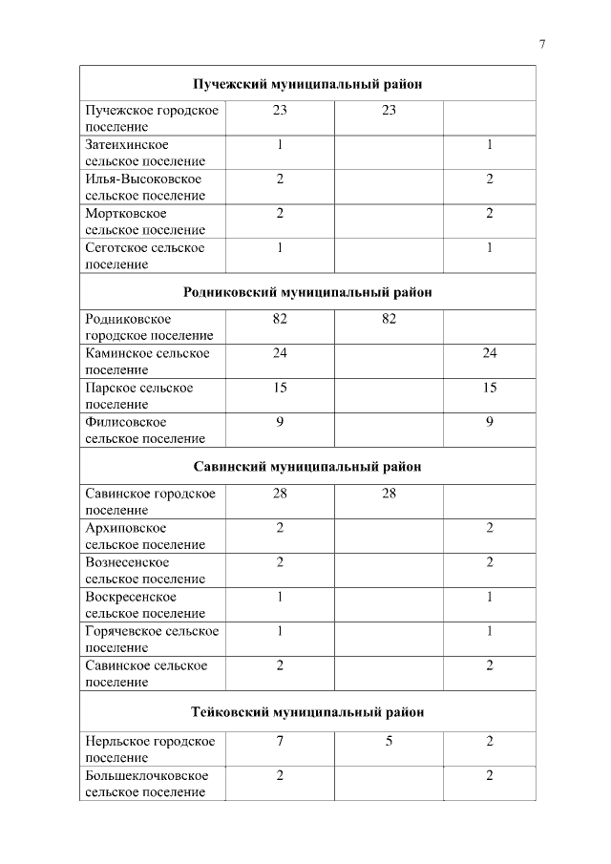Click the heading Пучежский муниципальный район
(307, 84)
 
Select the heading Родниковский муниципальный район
(307, 292)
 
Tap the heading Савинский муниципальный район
(307, 467)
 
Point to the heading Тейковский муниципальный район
(307, 712)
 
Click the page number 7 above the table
(542, 44)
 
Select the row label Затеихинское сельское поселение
(145, 153)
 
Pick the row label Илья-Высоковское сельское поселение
(145, 187)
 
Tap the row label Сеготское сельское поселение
(145, 256)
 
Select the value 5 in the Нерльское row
(390, 742)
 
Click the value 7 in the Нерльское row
(280, 742)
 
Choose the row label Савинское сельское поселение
(146, 674)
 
